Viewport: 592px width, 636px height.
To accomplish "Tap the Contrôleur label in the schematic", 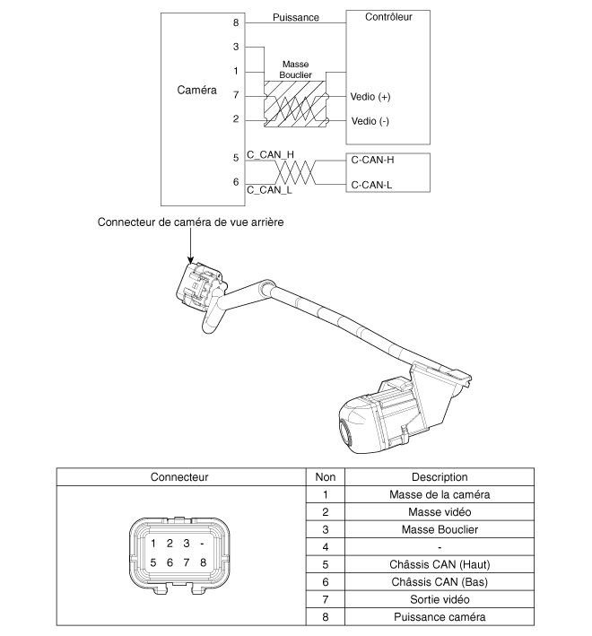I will pos(389,17).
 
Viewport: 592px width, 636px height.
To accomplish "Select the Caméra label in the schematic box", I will pos(197,91).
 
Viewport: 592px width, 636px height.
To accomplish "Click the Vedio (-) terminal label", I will pos(372,119).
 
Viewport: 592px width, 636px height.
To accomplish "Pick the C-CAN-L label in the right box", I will pos(372,186).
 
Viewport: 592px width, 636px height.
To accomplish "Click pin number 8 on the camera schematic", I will pos(236,22).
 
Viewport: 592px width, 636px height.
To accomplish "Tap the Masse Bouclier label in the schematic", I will pos(296,71).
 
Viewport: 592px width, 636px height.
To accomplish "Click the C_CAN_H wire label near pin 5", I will pos(270,154).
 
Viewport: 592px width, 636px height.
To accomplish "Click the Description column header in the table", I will pos(440,477).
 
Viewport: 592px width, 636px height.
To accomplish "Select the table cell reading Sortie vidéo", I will pos(440,598).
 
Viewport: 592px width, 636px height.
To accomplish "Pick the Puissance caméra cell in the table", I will pos(440,616).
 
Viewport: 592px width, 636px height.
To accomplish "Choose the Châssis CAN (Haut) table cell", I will pos(440,564).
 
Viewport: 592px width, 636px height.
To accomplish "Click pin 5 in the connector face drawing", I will pos(153,562).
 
